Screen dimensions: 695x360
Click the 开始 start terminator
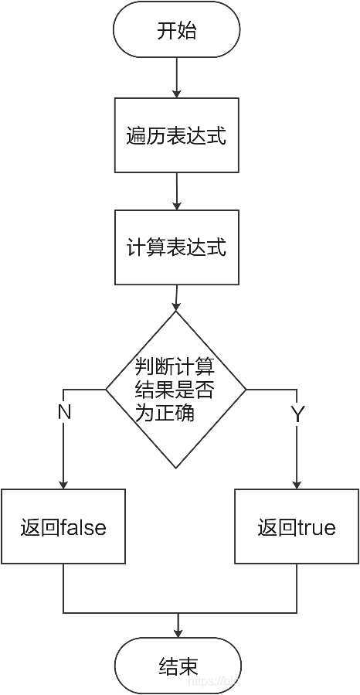pos(176,32)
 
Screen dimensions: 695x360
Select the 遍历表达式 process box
pos(176,135)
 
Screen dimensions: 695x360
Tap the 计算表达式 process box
pos(176,247)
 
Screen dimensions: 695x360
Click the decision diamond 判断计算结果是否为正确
pos(176,390)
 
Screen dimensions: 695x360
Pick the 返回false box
pos(63,527)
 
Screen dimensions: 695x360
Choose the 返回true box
pos(297,527)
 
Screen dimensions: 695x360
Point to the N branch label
pos(64,413)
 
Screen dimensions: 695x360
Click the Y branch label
pos(297,413)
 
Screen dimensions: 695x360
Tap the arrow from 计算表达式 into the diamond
pos(177,298)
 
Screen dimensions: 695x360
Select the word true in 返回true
pos(316,528)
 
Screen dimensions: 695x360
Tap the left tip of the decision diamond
pos(107,389)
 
